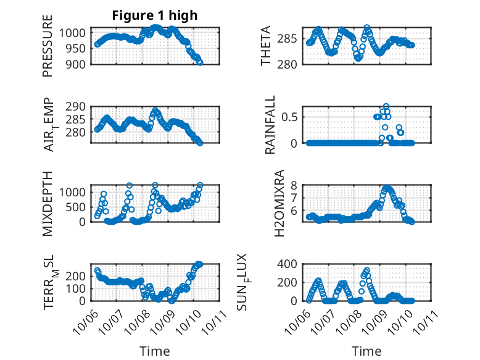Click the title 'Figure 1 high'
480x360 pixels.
[x=154, y=16]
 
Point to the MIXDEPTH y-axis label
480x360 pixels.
[x=48, y=203]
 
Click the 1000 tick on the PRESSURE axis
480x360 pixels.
[x=76, y=33]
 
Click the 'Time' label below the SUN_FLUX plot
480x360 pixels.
[x=366, y=351]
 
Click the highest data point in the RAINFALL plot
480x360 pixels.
[x=386, y=106]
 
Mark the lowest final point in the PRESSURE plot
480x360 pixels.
[x=200, y=62]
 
